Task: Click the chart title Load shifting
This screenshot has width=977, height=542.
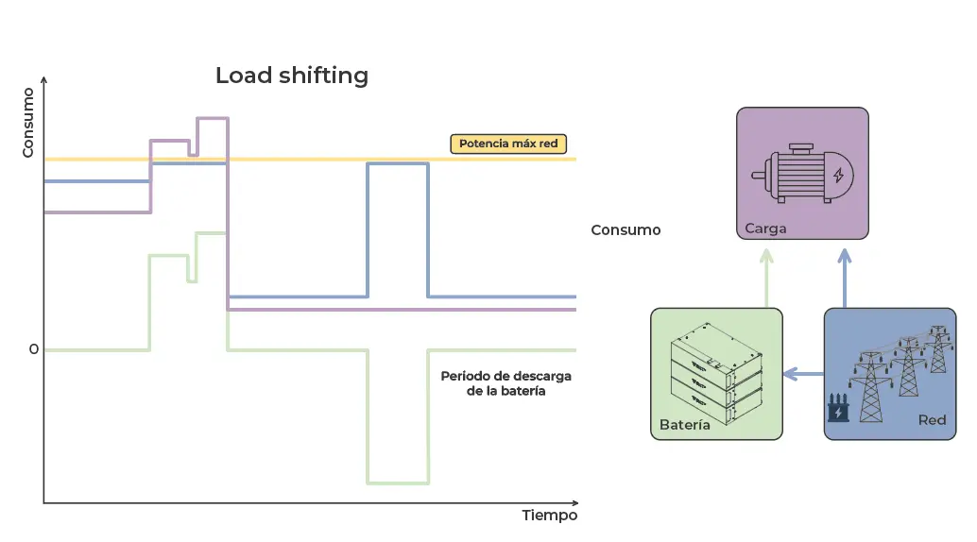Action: coord(291,76)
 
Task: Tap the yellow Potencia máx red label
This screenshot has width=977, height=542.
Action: coord(508,144)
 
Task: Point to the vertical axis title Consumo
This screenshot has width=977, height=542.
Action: coord(28,123)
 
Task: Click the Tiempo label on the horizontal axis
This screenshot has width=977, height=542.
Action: coord(549,516)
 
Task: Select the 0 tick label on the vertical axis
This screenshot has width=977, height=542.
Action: coord(34,349)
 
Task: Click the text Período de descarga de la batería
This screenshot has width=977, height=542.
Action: coord(506,383)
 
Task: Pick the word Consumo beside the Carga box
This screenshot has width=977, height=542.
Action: coord(626,230)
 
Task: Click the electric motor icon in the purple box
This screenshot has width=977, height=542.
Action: coord(801,174)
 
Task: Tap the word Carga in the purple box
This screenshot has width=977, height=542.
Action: coord(765,229)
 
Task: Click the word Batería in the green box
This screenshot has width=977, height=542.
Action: coord(685,425)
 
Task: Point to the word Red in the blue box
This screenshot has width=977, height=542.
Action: coord(932,419)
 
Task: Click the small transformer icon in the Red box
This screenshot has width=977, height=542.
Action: coord(837,410)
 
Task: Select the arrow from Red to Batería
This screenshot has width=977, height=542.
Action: coord(803,374)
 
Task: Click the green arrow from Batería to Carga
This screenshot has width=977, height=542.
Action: coord(766,278)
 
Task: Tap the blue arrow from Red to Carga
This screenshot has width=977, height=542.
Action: coord(845,278)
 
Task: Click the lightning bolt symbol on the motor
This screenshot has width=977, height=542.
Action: coord(838,175)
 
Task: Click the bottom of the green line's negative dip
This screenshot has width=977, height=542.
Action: coord(398,483)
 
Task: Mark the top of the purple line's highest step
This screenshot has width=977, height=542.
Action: coord(213,118)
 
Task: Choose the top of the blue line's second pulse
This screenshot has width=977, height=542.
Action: coord(398,164)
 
